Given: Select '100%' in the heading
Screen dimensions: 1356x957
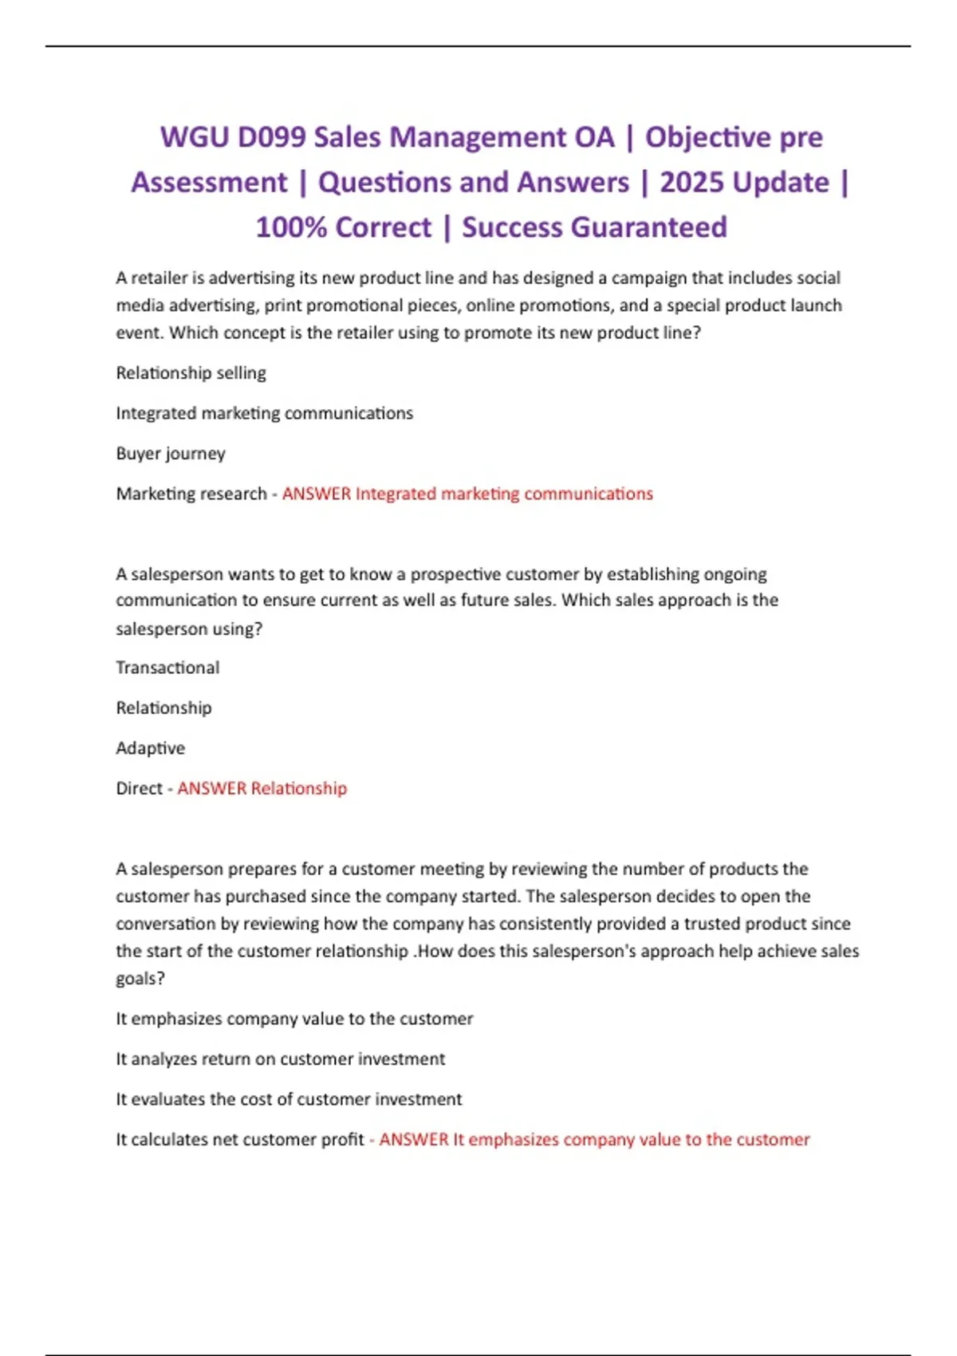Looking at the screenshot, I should (291, 228).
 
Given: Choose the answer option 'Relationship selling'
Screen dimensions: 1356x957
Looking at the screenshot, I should (191, 373).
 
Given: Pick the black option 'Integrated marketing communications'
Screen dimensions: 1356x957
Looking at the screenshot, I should (265, 413).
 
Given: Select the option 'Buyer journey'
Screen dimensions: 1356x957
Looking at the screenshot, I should (171, 454).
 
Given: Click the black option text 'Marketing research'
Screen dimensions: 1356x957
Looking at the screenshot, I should (191, 494).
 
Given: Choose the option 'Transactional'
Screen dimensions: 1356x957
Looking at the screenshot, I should (167, 668).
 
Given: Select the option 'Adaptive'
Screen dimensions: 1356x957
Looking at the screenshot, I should (150, 748).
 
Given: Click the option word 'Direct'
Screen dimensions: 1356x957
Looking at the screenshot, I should (139, 789).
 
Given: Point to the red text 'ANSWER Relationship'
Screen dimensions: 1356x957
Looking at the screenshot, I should (262, 789).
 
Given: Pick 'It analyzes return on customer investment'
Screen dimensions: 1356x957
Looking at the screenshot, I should (281, 1059).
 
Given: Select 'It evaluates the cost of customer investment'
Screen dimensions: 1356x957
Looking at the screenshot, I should (289, 1099).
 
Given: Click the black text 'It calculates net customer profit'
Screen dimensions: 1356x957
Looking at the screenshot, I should (240, 1140).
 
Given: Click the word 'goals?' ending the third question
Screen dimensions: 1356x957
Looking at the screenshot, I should (140, 979).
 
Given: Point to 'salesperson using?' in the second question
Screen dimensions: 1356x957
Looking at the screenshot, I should (189, 629).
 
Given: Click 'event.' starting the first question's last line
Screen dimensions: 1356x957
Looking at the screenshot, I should (140, 333).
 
